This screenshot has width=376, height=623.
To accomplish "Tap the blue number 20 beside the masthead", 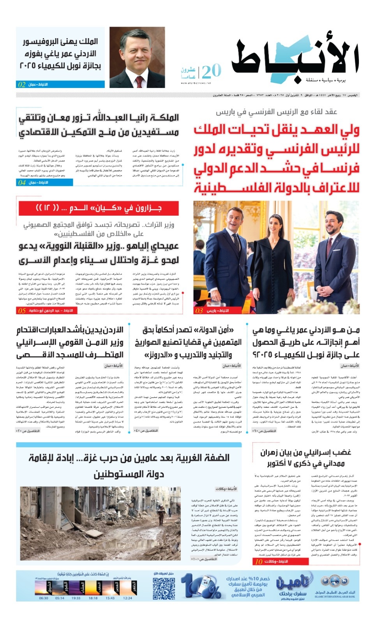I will point(212,71).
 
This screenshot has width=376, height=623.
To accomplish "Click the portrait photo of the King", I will point(137,57).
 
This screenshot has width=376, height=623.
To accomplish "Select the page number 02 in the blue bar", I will point(22,84).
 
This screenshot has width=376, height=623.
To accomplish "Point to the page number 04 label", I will point(22,182).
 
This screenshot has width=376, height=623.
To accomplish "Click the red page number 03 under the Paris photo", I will point(199,311).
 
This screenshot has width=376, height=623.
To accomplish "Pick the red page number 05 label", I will point(22,311).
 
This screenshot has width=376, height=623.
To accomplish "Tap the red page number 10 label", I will point(259,561).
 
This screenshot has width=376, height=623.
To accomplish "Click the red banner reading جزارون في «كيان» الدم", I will point(99,208).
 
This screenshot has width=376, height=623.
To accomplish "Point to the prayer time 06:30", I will point(44,598).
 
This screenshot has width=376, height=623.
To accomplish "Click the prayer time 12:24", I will point(127,598).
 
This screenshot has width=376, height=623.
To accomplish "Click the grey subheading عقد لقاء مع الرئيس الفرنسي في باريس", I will point(277,112).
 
